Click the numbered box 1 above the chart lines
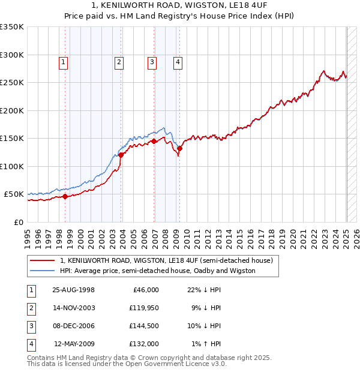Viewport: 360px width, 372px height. coord(63,61)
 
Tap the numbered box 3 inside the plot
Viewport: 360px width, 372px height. coord(152,61)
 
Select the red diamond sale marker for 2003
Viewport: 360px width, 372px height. coord(121,155)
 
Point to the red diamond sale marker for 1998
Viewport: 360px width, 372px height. coord(65,196)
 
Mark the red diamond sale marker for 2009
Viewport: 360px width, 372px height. coord(179,148)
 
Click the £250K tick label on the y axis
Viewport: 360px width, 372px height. coord(12,83)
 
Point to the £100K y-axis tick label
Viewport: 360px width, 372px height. coord(12,166)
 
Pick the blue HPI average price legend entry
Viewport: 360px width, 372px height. coord(157,271)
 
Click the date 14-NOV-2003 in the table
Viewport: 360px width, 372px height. coord(74,308)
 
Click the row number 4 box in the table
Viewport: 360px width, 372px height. coord(31,344)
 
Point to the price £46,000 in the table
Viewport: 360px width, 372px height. coord(145,290)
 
